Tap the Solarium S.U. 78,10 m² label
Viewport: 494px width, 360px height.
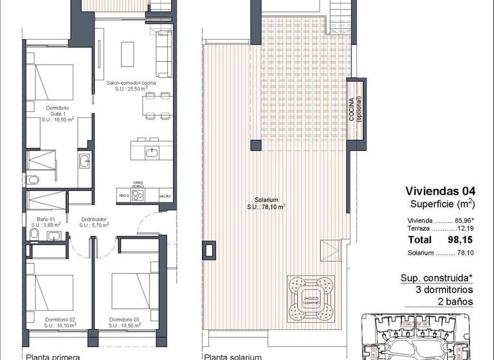click(x=266, y=203)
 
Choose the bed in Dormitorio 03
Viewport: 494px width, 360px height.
click(x=131, y=287)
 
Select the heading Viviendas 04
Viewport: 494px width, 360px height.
click(x=441, y=190)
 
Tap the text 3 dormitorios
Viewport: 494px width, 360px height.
click(x=441, y=290)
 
